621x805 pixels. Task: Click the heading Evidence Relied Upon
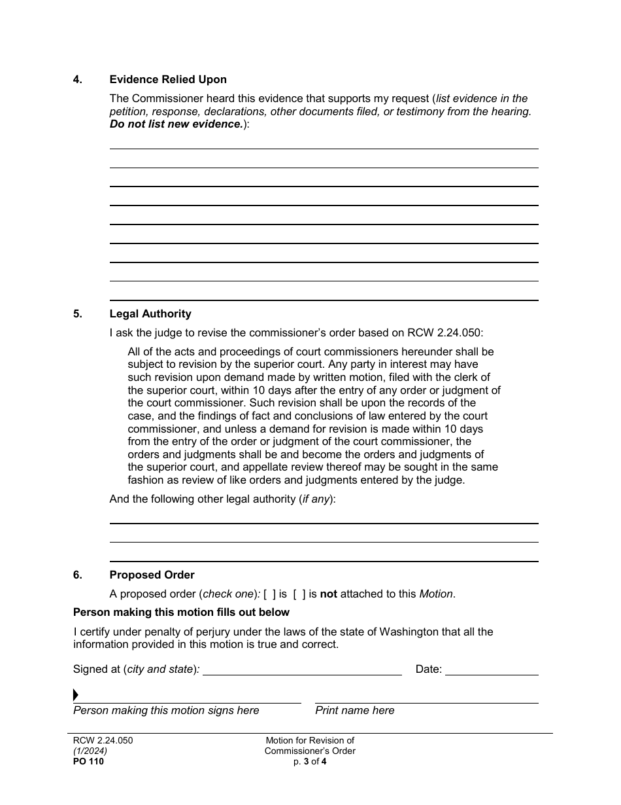[168, 80]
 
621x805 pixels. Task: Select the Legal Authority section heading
[150, 314]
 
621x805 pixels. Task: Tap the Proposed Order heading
[152, 575]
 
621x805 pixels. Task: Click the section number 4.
[78, 80]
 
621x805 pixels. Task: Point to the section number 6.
[78, 575]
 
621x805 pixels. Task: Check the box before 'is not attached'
[299, 594]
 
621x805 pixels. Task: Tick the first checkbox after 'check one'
[269, 594]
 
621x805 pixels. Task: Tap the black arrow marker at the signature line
[76, 695]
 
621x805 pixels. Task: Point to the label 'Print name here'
[355, 711]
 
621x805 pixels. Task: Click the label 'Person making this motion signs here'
[166, 711]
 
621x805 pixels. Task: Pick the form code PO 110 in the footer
[88, 761]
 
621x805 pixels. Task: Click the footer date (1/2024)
[90, 751]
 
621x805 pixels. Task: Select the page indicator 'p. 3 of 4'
[310, 761]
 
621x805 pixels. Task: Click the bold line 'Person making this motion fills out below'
[181, 613]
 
